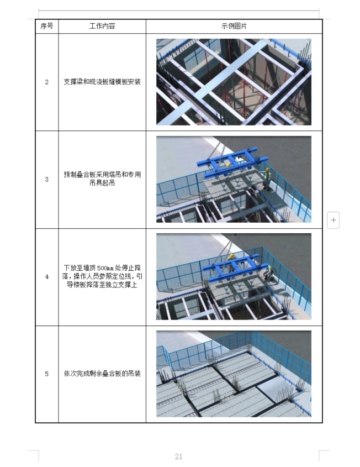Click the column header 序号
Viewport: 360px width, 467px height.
click(x=47, y=26)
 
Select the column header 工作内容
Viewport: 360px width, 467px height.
click(x=102, y=26)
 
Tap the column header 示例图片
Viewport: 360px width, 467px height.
click(x=234, y=26)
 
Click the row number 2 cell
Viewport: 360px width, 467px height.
click(x=47, y=82)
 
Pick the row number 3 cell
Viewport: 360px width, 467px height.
click(x=47, y=179)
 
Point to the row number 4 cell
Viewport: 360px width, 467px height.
click(x=47, y=277)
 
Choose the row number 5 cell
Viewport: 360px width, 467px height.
click(x=47, y=374)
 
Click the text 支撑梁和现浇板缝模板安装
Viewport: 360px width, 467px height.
click(x=102, y=82)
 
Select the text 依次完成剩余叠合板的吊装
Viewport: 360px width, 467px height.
click(x=102, y=374)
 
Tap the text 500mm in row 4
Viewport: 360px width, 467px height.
click(x=105, y=268)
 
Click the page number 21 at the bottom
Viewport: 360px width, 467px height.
click(x=178, y=456)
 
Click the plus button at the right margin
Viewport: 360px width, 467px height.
click(x=333, y=220)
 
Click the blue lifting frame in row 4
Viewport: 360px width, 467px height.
click(x=235, y=268)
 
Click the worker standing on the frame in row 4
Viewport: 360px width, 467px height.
click(x=231, y=261)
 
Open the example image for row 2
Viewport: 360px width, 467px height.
click(x=234, y=82)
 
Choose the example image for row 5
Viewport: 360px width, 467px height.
click(x=234, y=374)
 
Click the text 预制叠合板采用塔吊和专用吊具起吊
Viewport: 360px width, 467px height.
click(x=102, y=179)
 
